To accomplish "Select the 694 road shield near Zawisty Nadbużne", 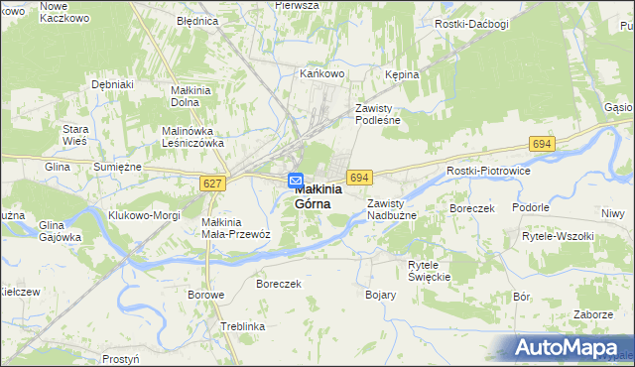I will [359, 177].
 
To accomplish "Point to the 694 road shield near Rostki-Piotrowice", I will [541, 145].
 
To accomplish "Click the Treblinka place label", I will [243, 326].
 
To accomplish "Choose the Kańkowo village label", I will [321, 73].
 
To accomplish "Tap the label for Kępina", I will [402, 74].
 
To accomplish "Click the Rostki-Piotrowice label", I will [488, 171].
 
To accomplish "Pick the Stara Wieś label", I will [76, 135].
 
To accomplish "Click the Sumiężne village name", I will [118, 168].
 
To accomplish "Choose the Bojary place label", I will [381, 295].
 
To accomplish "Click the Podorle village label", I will [531, 207].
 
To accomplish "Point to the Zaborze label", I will [591, 314].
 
